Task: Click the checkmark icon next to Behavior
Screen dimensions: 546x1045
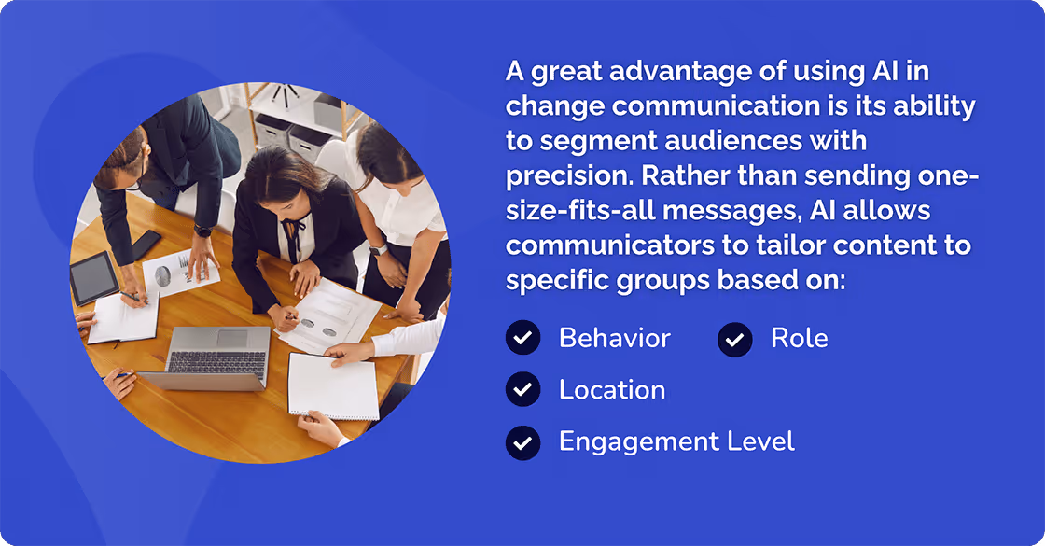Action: click(x=522, y=338)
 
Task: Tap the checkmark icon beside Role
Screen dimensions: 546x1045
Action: click(x=735, y=339)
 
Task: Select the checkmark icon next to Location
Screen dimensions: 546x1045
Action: click(x=522, y=389)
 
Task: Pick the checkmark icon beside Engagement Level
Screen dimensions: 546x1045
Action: click(x=522, y=441)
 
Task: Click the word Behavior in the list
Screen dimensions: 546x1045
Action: click(x=614, y=338)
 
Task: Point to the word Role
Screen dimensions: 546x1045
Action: click(x=799, y=338)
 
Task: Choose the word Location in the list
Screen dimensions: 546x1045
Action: click(x=612, y=389)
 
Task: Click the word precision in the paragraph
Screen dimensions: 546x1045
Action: click(x=564, y=175)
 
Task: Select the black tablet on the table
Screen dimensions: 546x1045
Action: click(x=93, y=277)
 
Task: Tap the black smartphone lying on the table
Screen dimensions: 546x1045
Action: click(x=146, y=245)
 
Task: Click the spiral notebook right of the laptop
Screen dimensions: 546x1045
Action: click(x=333, y=385)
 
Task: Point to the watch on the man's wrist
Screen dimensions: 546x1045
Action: click(x=202, y=231)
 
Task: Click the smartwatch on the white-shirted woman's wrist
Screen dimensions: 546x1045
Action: click(x=376, y=250)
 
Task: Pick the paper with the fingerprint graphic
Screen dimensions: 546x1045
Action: click(x=177, y=273)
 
